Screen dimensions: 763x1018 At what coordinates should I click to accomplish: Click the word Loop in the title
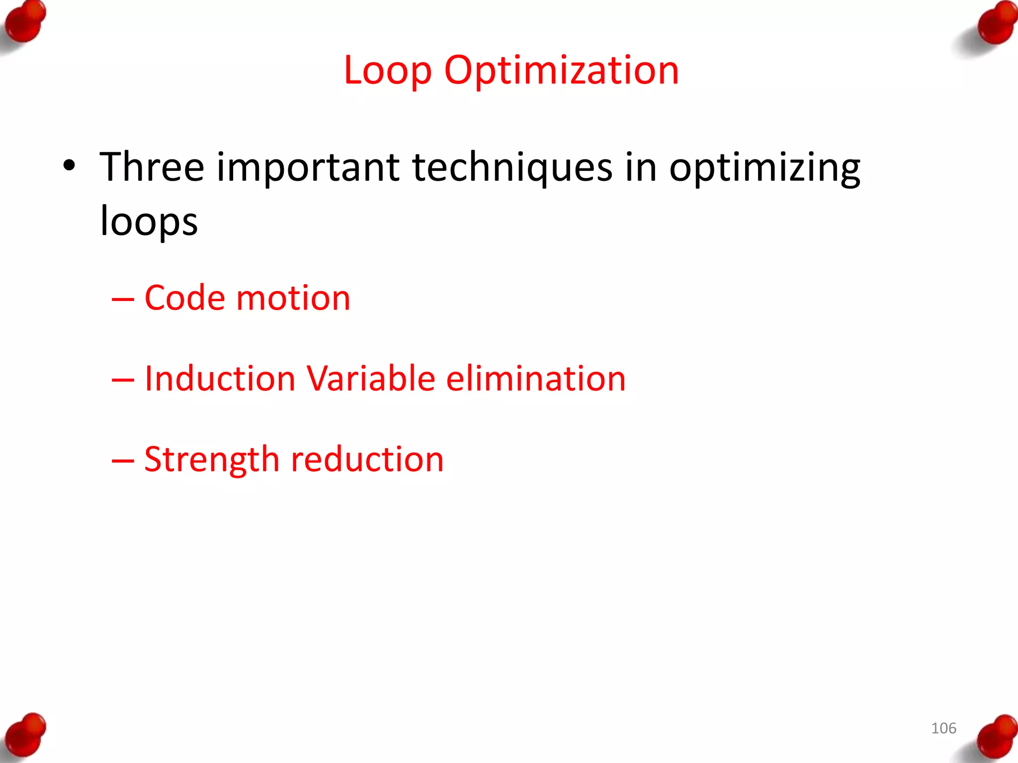click(x=387, y=71)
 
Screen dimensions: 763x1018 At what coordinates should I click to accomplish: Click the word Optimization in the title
click(x=561, y=71)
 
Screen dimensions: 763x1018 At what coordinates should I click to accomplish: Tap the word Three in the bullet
click(x=152, y=167)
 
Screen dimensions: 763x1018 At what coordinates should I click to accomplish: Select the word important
click(x=308, y=168)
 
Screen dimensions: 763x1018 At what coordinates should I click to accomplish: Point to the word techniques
click(x=512, y=168)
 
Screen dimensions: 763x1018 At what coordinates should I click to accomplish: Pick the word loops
click(x=149, y=221)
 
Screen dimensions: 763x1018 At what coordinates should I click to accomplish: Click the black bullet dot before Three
click(x=69, y=165)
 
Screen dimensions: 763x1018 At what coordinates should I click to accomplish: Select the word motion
click(x=293, y=299)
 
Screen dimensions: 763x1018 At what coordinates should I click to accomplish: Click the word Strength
click(x=212, y=460)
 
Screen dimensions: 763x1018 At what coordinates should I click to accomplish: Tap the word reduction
click(x=367, y=459)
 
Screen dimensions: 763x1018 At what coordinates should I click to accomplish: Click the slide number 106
click(x=943, y=728)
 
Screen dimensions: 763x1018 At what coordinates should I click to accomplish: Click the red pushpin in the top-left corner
click(x=25, y=22)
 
